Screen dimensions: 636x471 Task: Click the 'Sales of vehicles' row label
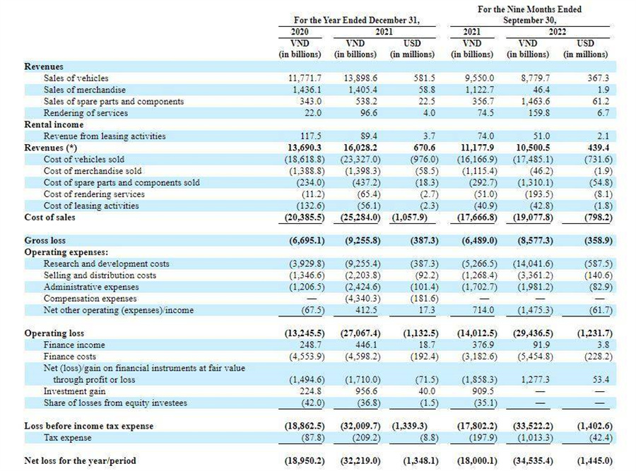[x=76, y=78]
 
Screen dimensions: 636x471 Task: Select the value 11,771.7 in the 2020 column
[x=304, y=78]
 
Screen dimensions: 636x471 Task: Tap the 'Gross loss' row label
[x=45, y=240]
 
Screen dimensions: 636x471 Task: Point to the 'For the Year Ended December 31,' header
[x=357, y=20]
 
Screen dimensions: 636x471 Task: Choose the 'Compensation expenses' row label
[x=90, y=298]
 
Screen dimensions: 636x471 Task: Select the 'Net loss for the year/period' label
[x=80, y=461]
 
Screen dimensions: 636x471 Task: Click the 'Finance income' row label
[x=74, y=345]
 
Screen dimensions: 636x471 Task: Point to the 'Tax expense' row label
[x=67, y=438]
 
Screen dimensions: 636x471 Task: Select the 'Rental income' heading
[x=54, y=124]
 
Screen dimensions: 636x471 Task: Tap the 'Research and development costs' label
[x=106, y=264]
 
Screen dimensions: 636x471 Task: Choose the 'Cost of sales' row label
[x=49, y=217]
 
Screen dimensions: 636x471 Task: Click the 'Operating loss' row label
[x=54, y=333]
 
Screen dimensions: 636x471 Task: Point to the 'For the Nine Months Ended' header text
[x=529, y=9]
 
